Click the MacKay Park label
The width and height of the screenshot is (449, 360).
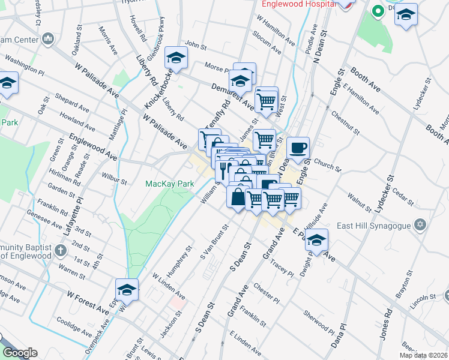point(168,184)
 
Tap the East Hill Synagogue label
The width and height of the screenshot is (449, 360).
point(377,226)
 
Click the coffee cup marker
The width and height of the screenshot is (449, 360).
point(298,148)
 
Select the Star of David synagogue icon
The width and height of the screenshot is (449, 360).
point(420,226)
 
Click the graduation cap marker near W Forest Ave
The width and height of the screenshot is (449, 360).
point(127,290)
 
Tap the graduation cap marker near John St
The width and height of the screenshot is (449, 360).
point(176,58)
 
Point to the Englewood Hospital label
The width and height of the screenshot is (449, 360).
point(296,4)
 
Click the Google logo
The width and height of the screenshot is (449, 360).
point(20,353)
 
